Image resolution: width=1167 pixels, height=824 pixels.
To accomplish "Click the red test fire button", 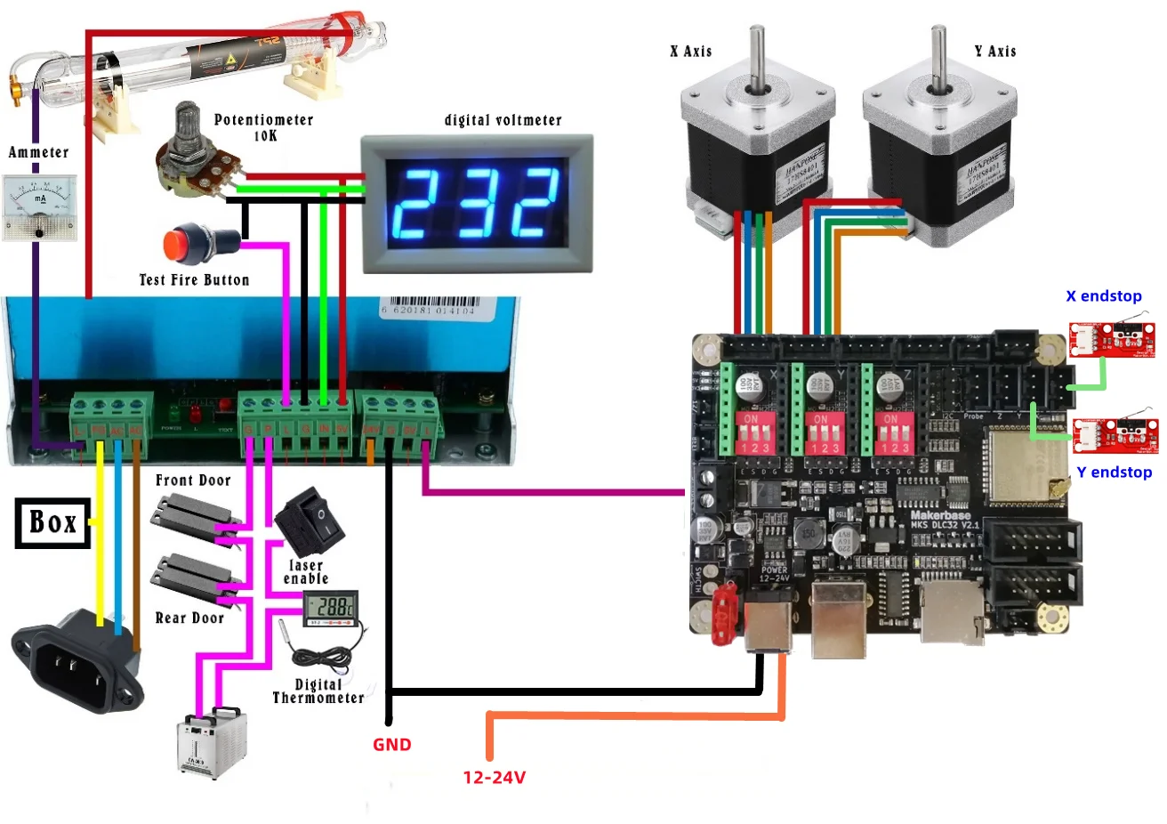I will click(x=183, y=245).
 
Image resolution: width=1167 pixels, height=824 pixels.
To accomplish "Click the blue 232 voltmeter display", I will click(x=476, y=203).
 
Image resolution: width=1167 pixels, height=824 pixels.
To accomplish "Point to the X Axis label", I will click(x=691, y=52).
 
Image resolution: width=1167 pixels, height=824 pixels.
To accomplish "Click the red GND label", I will click(x=391, y=745).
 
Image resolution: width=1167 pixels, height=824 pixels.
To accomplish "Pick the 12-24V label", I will click(x=494, y=778).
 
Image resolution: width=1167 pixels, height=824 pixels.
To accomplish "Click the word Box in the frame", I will click(x=53, y=522).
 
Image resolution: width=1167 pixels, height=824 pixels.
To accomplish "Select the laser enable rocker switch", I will click(x=310, y=521).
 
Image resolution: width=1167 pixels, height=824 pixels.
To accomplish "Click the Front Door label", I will click(x=193, y=481).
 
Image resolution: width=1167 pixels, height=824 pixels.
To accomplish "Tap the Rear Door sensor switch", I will click(x=195, y=578).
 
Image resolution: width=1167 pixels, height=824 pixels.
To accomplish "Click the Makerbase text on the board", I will click(x=940, y=515).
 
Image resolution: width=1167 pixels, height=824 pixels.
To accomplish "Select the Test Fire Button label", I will click(x=194, y=280).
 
